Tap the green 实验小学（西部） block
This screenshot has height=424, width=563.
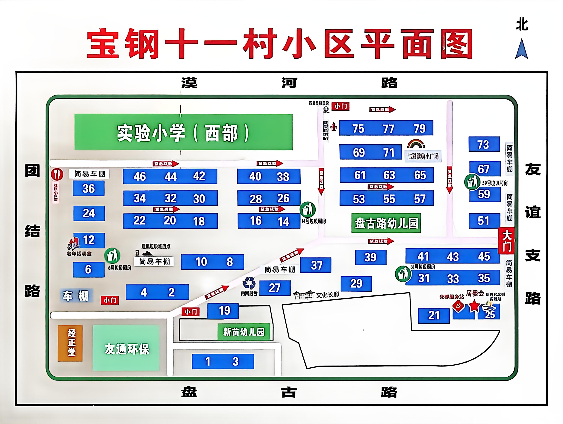(x=183, y=132)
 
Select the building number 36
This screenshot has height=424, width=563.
(x=89, y=189)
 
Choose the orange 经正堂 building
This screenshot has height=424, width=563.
(x=70, y=343)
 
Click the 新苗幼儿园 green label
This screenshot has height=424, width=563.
(x=244, y=332)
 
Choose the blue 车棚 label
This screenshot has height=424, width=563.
(x=76, y=296)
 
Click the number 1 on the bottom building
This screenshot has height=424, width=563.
(x=208, y=361)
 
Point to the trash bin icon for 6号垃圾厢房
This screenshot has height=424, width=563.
(x=112, y=256)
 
